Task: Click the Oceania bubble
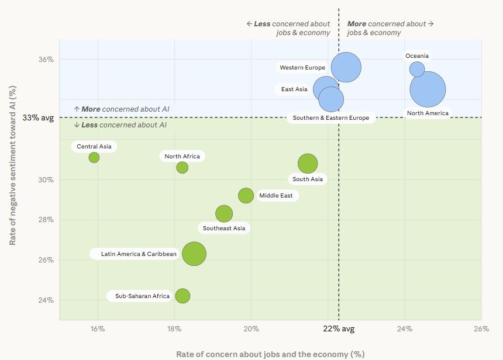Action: (417, 69)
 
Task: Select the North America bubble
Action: (428, 89)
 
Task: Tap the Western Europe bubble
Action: (346, 67)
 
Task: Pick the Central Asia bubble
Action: (94, 157)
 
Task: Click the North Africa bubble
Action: (182, 168)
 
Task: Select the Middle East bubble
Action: (246, 196)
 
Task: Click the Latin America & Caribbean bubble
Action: (194, 254)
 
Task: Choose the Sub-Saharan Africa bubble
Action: (182, 296)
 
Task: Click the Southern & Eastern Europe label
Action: (331, 118)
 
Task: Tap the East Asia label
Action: (294, 89)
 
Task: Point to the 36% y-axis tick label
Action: (46, 60)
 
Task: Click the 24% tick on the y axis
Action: (46, 300)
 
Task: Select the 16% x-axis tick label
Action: (98, 329)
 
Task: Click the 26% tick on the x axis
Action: (481, 329)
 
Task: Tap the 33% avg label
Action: (38, 117)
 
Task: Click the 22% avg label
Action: (339, 329)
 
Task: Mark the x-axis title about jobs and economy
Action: (270, 354)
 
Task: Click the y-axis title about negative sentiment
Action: (12, 166)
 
